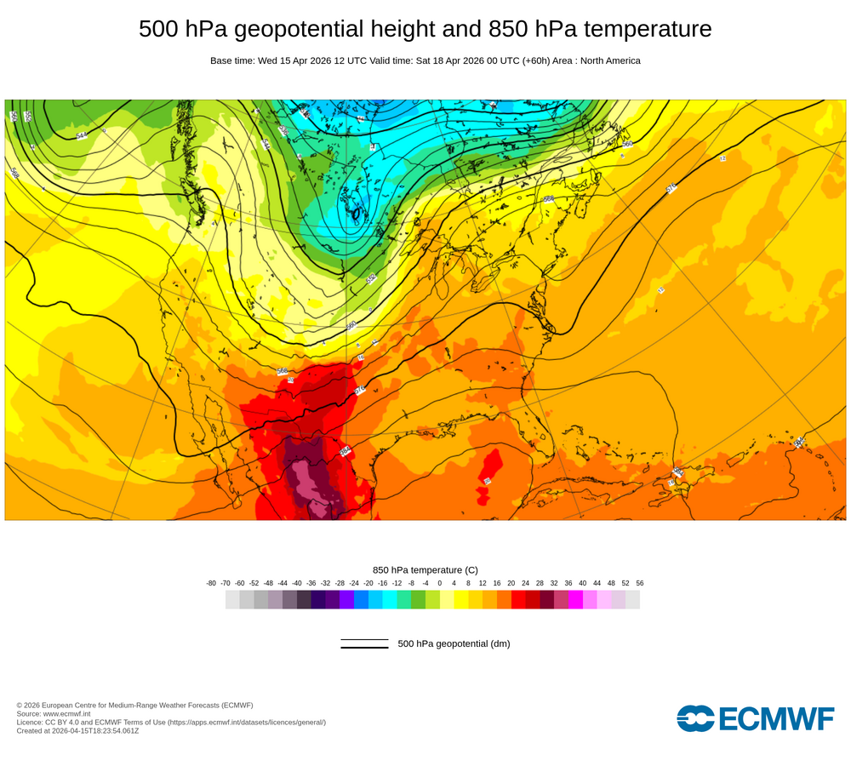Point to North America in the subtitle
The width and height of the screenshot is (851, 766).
point(610,61)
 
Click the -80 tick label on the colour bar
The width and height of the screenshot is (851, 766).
point(211,583)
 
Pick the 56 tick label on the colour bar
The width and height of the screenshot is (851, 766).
point(640,583)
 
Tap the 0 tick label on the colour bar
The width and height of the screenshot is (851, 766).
point(440,583)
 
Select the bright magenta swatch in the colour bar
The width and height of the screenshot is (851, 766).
point(575,599)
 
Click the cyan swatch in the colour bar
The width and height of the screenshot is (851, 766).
point(390,599)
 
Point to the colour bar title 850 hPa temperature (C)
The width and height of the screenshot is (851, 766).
point(425,569)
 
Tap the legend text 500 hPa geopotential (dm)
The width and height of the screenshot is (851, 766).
point(454,643)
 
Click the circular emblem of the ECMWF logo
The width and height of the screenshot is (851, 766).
point(696,717)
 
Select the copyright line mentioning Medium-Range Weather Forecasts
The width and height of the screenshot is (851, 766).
point(134,705)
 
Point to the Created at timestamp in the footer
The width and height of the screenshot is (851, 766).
point(77,730)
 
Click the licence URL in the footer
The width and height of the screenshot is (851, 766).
point(247,722)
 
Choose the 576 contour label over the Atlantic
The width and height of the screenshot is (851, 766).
point(671,188)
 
